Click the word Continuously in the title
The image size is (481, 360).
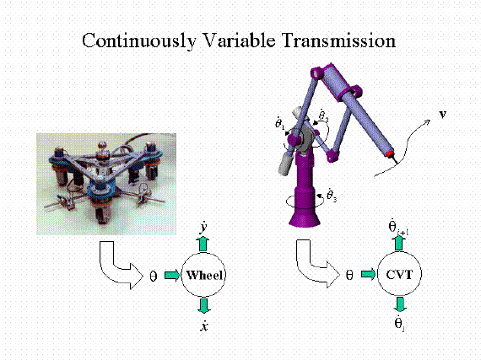[x=139, y=40]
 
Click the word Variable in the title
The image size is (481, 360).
[x=240, y=40]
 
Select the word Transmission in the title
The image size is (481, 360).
[x=339, y=40]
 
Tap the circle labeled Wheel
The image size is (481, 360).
[x=203, y=275]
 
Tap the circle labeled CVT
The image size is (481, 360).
[x=399, y=274]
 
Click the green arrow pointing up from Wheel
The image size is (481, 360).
[x=203, y=244]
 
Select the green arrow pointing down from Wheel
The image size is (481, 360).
[x=203, y=305]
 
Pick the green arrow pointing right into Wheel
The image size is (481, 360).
[x=172, y=275]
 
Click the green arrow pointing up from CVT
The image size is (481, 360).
[x=398, y=244]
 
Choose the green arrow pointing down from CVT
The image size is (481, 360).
[x=400, y=304]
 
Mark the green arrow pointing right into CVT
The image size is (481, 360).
[x=369, y=274]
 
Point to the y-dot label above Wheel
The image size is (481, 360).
[x=203, y=228]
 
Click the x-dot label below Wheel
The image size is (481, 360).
[x=204, y=325]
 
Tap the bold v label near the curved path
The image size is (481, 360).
[x=443, y=115]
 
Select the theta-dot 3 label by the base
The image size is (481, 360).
[x=332, y=195]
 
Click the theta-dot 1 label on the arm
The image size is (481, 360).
[x=280, y=122]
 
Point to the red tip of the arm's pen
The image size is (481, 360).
[x=390, y=153]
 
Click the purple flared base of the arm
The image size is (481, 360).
[x=305, y=217]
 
